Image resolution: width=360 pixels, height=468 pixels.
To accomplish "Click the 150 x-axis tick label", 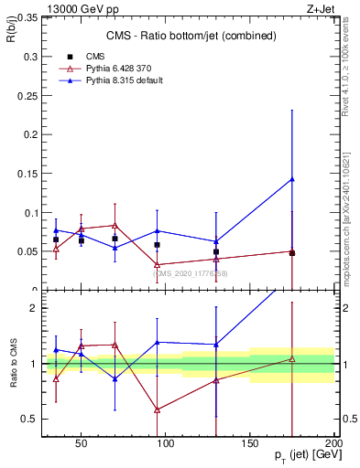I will pyautogui.click(x=250, y=443).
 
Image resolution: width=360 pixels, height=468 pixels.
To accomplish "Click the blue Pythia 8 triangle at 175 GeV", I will pyautogui.click(x=292, y=179).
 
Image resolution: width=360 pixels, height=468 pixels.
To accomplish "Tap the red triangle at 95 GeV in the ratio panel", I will pyautogui.click(x=158, y=409).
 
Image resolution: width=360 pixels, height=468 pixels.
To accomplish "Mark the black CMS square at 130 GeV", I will pyautogui.click(x=216, y=251).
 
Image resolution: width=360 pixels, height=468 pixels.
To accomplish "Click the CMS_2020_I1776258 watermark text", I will pyautogui.click(x=190, y=273).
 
